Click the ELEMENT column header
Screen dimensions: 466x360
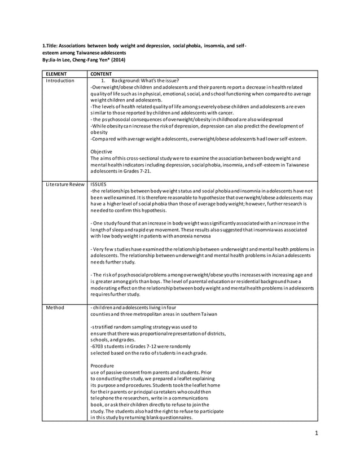tap(58, 73)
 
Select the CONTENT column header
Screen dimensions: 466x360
tap(101, 73)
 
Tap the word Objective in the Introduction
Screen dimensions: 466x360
tap(102, 151)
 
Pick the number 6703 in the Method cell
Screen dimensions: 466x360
tap(97, 346)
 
